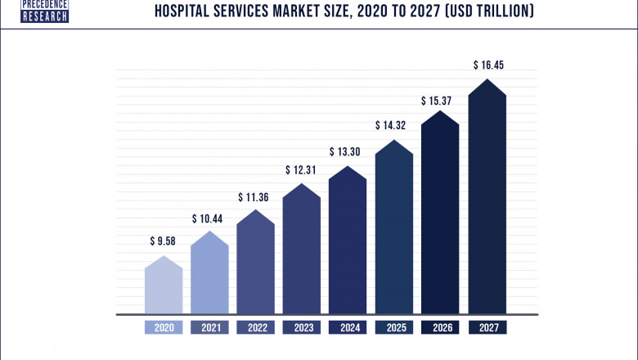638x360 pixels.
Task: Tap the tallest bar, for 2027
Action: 487,200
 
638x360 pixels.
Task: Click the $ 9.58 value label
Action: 164,241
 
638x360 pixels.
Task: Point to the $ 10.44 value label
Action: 209,218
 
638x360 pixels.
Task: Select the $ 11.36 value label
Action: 255,196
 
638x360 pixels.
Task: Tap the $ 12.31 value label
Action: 302,170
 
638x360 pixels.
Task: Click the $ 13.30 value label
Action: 348,152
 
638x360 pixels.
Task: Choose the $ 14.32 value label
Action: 393,127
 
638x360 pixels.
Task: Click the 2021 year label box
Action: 209,327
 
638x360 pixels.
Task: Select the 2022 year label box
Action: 255,327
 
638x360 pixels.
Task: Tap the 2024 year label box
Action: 348,327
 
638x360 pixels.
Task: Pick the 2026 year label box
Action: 440,327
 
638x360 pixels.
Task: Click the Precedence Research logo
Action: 34,11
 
